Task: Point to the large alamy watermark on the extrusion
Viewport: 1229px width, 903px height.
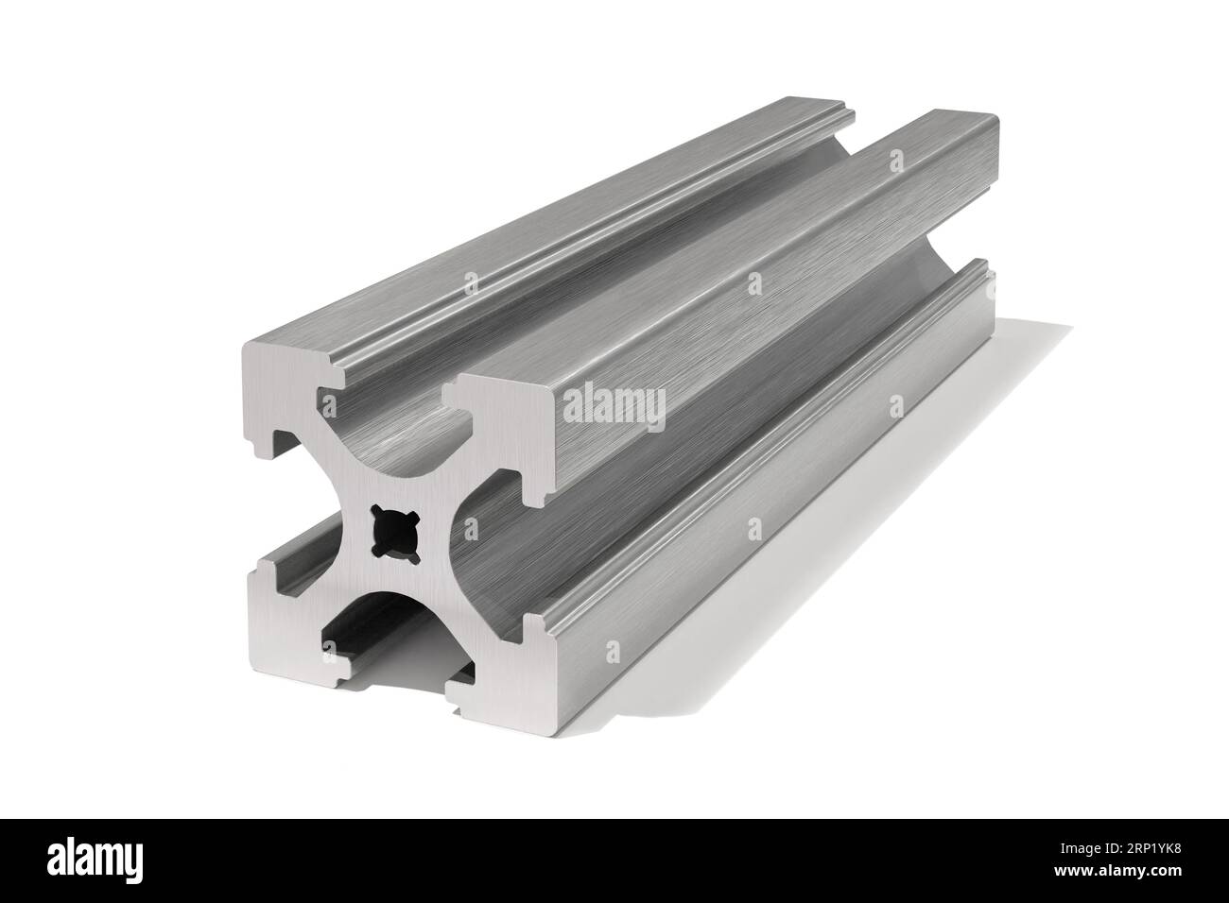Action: [614, 406]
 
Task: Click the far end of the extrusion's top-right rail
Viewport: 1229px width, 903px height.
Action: [945, 142]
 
